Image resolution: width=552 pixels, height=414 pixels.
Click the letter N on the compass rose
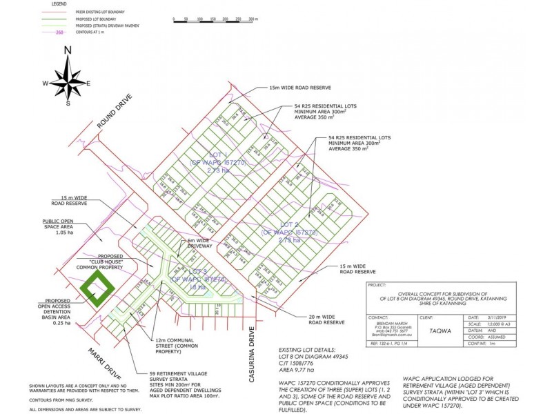click(68, 50)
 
